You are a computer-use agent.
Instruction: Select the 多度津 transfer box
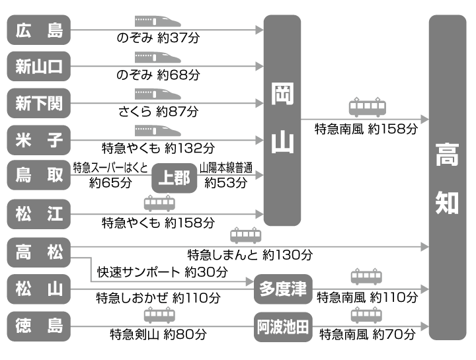tap(282, 289)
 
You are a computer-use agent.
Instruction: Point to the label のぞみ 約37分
tap(157, 38)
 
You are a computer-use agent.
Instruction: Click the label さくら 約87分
tap(158, 111)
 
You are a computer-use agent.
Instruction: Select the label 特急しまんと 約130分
tap(250, 254)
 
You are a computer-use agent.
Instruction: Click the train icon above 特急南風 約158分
tap(368, 106)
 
